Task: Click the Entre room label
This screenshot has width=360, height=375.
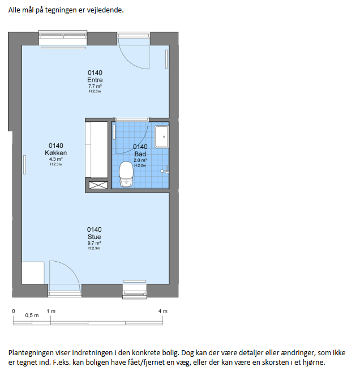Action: pyautogui.click(x=95, y=80)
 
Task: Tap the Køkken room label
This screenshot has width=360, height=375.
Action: pyautogui.click(x=56, y=153)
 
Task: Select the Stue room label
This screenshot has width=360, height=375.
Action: pyautogui.click(x=94, y=237)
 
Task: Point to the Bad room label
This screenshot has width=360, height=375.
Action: pyautogui.click(x=140, y=154)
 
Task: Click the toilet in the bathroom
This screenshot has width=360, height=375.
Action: pyautogui.click(x=126, y=174)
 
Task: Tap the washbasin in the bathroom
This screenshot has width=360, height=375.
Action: pyautogui.click(x=161, y=137)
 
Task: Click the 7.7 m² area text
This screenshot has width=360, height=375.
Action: pyautogui.click(x=95, y=86)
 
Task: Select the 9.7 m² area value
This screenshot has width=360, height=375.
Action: pyautogui.click(x=94, y=243)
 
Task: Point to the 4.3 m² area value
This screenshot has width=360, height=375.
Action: pyautogui.click(x=56, y=159)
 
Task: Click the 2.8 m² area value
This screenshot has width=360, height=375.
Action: pyautogui.click(x=140, y=160)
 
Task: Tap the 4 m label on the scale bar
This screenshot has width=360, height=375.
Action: pyautogui.click(x=163, y=311)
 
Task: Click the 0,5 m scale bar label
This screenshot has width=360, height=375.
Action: pyautogui.click(x=32, y=316)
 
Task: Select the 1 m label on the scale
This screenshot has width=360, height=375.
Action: pyautogui.click(x=51, y=311)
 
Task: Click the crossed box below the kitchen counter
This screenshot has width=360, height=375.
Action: pyautogui.click(x=98, y=185)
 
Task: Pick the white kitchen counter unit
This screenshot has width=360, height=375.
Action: pyautogui.click(x=97, y=150)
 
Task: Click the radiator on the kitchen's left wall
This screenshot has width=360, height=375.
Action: pyautogui.click(x=24, y=165)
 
